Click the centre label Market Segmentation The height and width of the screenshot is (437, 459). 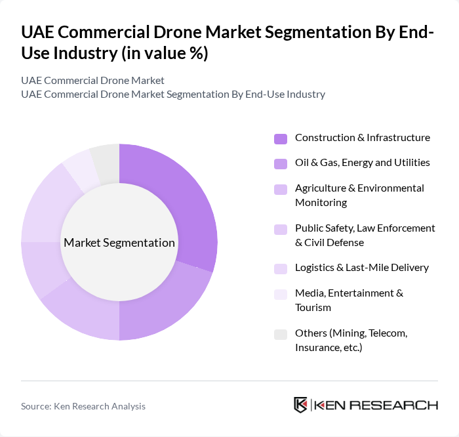click(x=119, y=243)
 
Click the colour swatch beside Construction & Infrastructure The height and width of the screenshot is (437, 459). click(x=281, y=138)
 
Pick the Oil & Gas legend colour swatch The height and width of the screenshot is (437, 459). click(x=281, y=163)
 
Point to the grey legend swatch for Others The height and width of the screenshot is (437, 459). click(x=281, y=334)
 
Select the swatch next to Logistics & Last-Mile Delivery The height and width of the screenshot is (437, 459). click(x=281, y=268)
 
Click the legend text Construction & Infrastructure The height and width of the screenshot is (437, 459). click(x=362, y=138)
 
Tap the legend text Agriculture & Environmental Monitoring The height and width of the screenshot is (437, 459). click(x=359, y=195)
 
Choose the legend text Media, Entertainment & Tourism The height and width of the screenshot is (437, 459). click(x=349, y=300)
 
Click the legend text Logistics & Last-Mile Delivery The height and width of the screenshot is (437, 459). click(x=361, y=268)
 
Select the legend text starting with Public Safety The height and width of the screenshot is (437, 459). click(x=365, y=235)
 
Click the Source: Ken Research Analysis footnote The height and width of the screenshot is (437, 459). click(x=83, y=406)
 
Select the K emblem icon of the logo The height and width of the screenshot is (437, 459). click(x=301, y=405)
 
